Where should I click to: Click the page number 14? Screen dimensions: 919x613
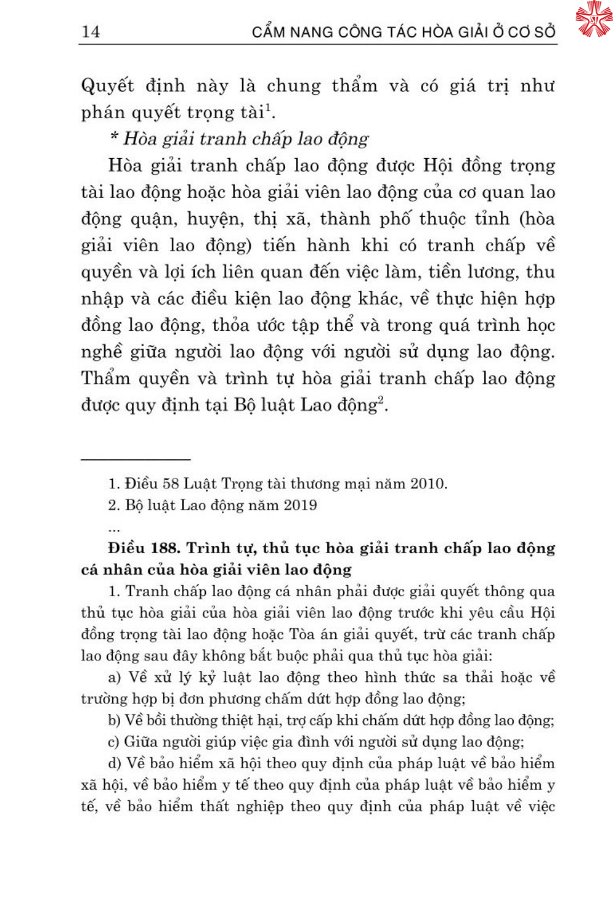(91, 31)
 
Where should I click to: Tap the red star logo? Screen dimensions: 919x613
(593, 18)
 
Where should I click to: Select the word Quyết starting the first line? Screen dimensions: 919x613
(107, 86)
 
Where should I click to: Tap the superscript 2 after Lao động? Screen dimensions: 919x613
(381, 399)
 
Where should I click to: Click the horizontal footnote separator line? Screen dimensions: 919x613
(135, 458)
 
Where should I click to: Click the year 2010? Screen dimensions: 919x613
(427, 483)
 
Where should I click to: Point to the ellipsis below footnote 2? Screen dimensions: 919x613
(113, 529)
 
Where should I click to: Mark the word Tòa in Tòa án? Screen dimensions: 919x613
(301, 634)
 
